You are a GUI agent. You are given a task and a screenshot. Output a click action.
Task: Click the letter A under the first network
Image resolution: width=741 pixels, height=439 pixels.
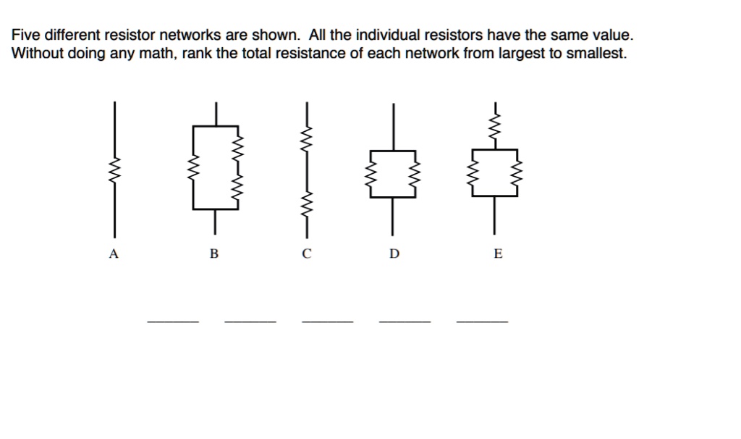112,254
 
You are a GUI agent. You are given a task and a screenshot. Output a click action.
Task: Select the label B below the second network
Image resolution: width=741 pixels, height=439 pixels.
213,254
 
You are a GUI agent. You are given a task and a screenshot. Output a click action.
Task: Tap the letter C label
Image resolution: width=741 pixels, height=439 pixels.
306,254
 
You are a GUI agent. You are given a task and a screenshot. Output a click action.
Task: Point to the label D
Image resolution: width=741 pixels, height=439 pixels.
394,254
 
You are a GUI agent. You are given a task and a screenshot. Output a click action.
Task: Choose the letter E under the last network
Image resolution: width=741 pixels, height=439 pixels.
497,254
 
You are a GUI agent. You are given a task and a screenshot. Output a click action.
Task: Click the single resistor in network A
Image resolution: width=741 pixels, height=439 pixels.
113,172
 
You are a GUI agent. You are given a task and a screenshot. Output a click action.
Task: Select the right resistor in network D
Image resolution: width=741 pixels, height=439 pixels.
415,174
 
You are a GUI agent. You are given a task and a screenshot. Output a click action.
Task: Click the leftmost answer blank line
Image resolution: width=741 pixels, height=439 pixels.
172,319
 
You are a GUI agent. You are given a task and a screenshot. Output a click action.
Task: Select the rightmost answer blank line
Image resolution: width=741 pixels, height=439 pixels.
482,319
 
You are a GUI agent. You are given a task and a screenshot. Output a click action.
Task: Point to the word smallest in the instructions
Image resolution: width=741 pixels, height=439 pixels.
597,54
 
